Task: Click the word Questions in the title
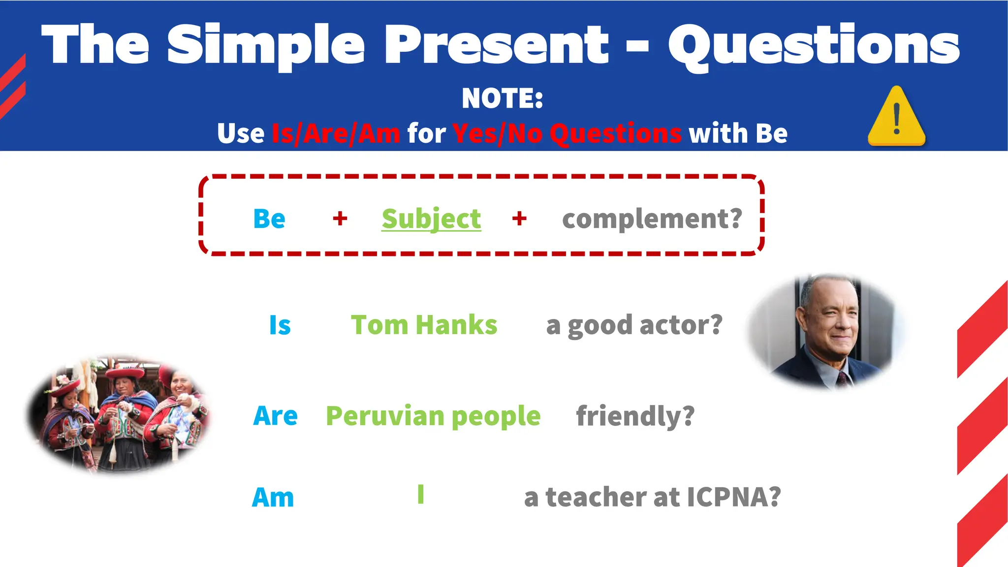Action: point(813,45)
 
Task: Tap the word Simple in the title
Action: point(266,45)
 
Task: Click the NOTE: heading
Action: point(503,98)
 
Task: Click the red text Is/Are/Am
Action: point(336,133)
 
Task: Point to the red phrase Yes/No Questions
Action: point(567,133)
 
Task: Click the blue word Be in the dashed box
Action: point(269,219)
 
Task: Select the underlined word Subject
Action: point(431,219)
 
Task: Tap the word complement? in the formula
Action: point(652,219)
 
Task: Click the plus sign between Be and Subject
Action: point(340,218)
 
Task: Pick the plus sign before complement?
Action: point(519,218)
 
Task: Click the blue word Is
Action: point(280,325)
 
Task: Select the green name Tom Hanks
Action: point(424,325)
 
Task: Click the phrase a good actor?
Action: point(634,325)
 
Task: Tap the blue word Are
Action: point(275,416)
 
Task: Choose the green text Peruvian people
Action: point(433,416)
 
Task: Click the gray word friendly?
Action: point(635,416)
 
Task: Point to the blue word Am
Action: point(273,497)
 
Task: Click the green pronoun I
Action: point(421,494)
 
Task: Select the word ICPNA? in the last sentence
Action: point(733,497)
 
